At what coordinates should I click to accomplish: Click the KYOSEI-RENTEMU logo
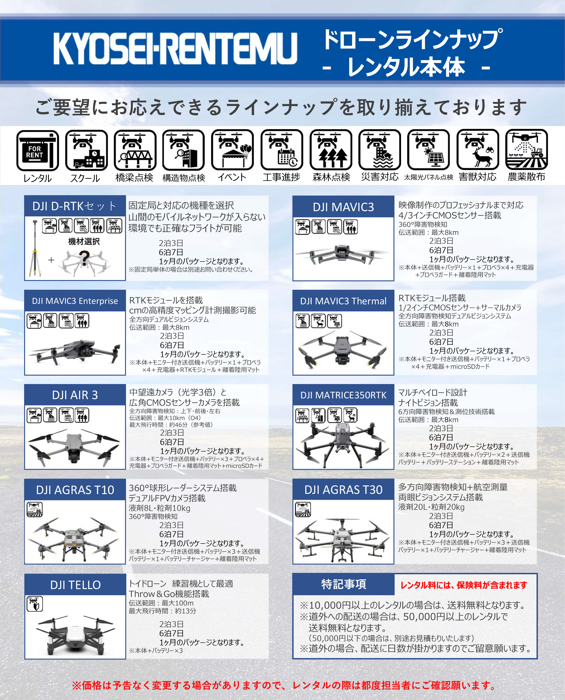pyautogui.click(x=175, y=49)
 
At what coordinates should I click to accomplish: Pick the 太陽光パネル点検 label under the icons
pyautogui.click(x=429, y=177)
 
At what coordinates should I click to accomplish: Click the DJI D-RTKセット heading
pyautogui.click(x=74, y=206)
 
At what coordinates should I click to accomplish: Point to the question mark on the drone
pyautogui.click(x=84, y=258)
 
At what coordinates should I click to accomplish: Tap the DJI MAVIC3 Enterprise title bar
pyautogui.click(x=75, y=301)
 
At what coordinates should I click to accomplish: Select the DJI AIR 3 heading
pyautogui.click(x=75, y=395)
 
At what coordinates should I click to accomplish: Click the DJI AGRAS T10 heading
pyautogui.click(x=75, y=490)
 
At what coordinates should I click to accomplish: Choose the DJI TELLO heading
pyautogui.click(x=75, y=585)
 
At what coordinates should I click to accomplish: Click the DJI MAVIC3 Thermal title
pyautogui.click(x=343, y=301)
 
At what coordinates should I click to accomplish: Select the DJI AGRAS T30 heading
pyautogui.click(x=343, y=490)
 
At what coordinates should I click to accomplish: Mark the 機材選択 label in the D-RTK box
pyautogui.click(x=84, y=241)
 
